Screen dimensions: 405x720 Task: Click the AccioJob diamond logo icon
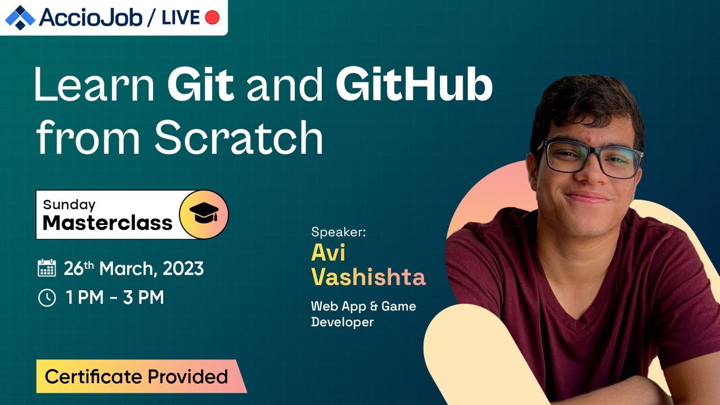20,17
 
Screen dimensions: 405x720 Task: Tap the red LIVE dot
212,18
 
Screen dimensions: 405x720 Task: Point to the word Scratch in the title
239,138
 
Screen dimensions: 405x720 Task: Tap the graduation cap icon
204,214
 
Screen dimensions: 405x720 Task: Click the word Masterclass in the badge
107,223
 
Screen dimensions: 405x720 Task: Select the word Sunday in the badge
69,205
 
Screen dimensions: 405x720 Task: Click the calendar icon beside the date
47,268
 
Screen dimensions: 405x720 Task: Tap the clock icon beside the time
47,298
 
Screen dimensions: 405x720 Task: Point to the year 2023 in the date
183,268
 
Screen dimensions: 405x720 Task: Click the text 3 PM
143,298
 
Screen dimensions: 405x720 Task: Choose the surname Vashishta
368,277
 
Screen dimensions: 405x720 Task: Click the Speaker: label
338,232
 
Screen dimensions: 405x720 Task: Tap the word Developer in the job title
342,322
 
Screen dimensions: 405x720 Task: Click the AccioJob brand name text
91,18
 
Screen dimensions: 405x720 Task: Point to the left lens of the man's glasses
564,157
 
